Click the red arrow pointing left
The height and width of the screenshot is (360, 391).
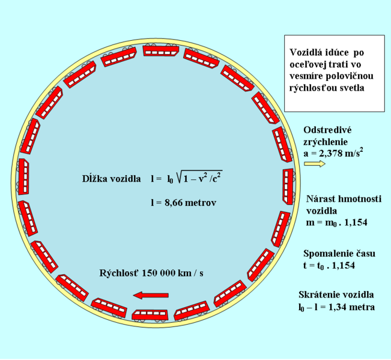pyautogui.click(x=151, y=295)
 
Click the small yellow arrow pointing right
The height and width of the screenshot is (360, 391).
pyautogui.click(x=315, y=164)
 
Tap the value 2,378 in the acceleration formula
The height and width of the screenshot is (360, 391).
pyautogui.click(x=327, y=153)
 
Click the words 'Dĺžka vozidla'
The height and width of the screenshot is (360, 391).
pyautogui.click(x=112, y=179)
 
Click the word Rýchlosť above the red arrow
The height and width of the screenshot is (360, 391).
pyautogui.click(x=119, y=274)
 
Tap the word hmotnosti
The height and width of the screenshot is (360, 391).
pyautogui.click(x=358, y=199)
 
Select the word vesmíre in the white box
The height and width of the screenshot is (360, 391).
pyautogui.click(x=306, y=76)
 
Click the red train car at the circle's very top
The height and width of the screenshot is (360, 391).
pyautogui.click(x=161, y=50)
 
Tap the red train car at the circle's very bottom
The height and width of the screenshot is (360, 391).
pyautogui.click(x=150, y=315)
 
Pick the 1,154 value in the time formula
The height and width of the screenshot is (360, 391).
pyautogui.click(x=344, y=266)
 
